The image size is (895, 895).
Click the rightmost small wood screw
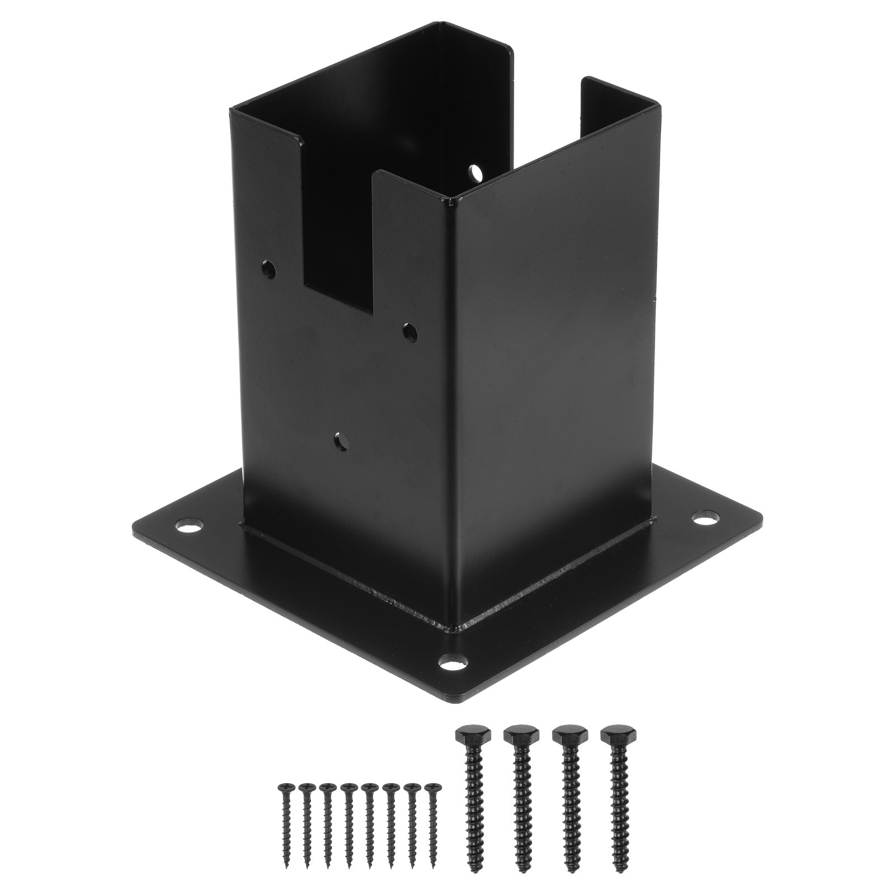(x=431, y=805)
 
